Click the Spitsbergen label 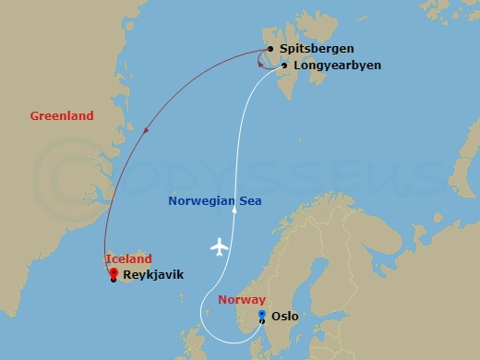click(315, 49)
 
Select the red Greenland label click(62, 116)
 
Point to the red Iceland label click(128, 259)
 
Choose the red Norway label click(242, 300)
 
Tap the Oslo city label click(286, 316)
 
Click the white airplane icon click(220, 246)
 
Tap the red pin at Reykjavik click(113, 272)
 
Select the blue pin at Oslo click(262, 316)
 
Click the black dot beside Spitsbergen click(270, 49)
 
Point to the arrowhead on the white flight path click(235, 210)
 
